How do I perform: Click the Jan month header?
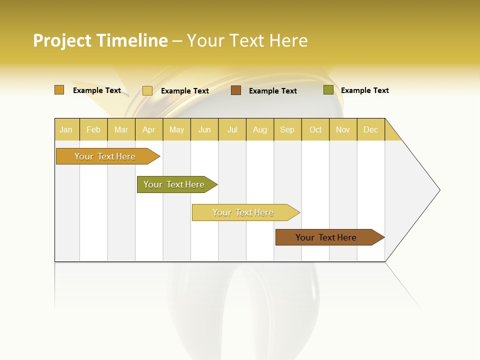point(66,129)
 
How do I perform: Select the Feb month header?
point(93,129)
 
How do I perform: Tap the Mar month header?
point(121,129)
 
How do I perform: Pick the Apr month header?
point(149,129)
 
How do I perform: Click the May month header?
point(176,129)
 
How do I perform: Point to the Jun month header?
point(204,129)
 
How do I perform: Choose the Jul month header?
point(232,129)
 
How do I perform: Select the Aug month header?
point(260,129)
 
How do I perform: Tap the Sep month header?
point(287,129)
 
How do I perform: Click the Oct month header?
point(315,129)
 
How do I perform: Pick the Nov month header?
point(343,129)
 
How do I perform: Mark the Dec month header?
point(371,129)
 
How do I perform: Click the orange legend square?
point(59,90)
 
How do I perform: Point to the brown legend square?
point(236,90)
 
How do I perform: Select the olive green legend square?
point(328,90)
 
